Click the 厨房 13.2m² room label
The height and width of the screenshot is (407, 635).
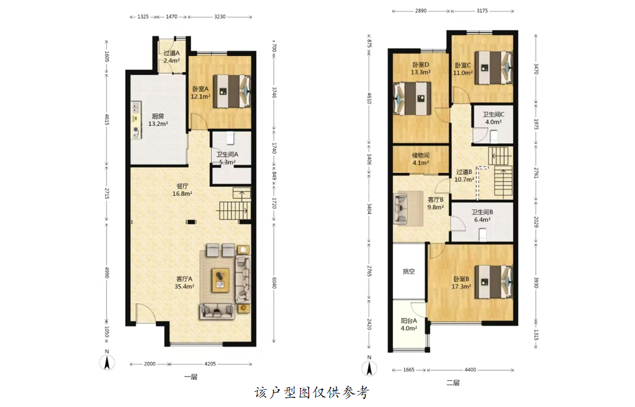158,120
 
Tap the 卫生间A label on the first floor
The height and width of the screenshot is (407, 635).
227,155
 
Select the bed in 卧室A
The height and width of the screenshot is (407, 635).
232,91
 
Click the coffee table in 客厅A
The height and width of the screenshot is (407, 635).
221,280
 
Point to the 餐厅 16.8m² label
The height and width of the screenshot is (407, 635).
182,190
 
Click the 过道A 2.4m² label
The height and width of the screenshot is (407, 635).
172,57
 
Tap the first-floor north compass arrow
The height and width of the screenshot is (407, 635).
107,362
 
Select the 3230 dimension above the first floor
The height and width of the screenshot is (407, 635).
220,17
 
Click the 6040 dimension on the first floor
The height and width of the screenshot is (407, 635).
274,282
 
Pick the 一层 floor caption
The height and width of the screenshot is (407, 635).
191,377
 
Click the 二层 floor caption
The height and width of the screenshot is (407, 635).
453,383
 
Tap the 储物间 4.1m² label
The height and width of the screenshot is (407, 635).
421,159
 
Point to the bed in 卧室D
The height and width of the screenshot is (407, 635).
412,99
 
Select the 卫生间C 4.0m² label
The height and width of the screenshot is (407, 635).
493,118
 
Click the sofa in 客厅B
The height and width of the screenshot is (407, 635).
400,209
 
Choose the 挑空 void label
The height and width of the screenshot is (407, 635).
409,272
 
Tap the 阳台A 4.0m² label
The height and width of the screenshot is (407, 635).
409,324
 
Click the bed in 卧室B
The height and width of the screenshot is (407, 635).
494,282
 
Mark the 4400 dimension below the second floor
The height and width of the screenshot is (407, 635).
470,369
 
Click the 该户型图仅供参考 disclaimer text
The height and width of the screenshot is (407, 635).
312,392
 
